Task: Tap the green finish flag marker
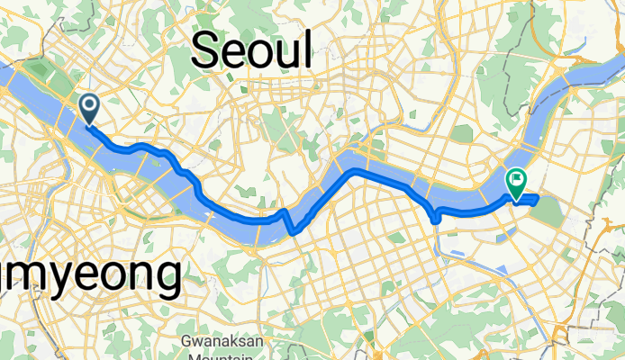pyautogui.click(x=517, y=184)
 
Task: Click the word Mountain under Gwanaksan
pyautogui.click(x=219, y=355)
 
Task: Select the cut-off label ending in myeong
pyautogui.click(x=90, y=274)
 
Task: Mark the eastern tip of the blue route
pyautogui.click(x=538, y=197)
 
